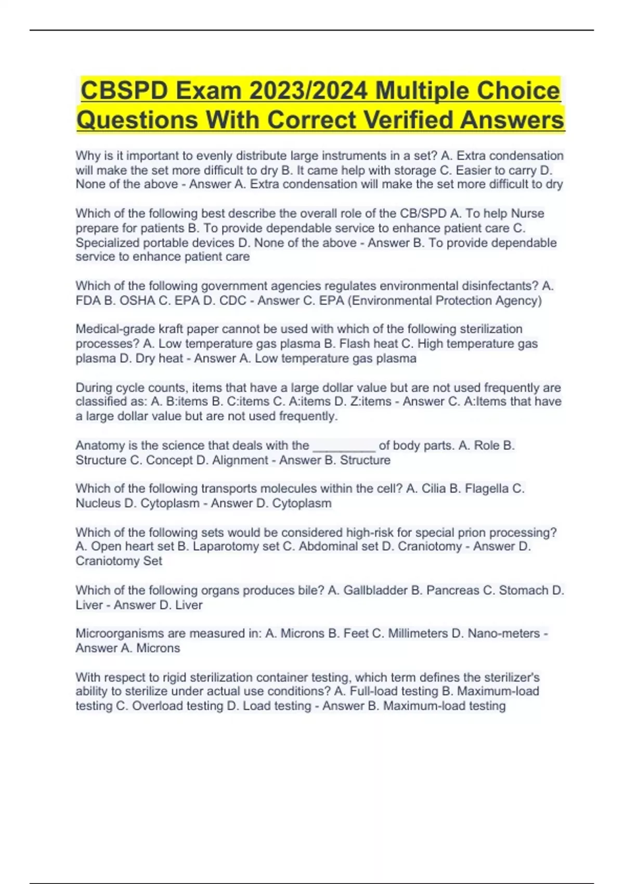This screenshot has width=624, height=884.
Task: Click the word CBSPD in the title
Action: tap(125, 91)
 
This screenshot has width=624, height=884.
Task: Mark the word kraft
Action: tap(172, 329)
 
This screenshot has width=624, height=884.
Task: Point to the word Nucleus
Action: tap(98, 503)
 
